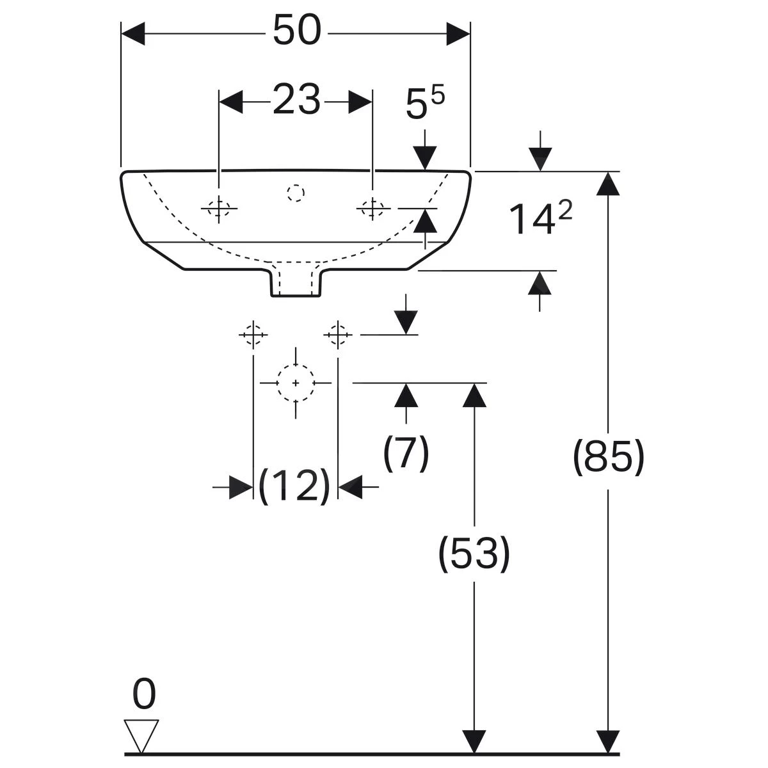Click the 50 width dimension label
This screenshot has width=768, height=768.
tap(296, 31)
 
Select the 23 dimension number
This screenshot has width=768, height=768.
tap(296, 100)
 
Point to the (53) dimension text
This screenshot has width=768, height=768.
tap(474, 554)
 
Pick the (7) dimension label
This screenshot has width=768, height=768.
tap(406, 453)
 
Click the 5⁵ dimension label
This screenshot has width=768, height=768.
tap(424, 104)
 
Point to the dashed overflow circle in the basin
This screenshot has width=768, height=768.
tap(296, 193)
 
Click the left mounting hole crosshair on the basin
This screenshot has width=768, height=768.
tap(219, 208)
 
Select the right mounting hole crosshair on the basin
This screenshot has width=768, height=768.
tap(372, 208)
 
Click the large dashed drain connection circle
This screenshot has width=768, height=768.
tap(296, 382)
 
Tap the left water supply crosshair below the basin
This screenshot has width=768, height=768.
tap(253, 334)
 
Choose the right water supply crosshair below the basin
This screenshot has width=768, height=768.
tap(338, 334)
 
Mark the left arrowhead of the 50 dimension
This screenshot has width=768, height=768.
tap(133, 33)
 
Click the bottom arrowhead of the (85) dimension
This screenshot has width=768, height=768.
tap(607, 741)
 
